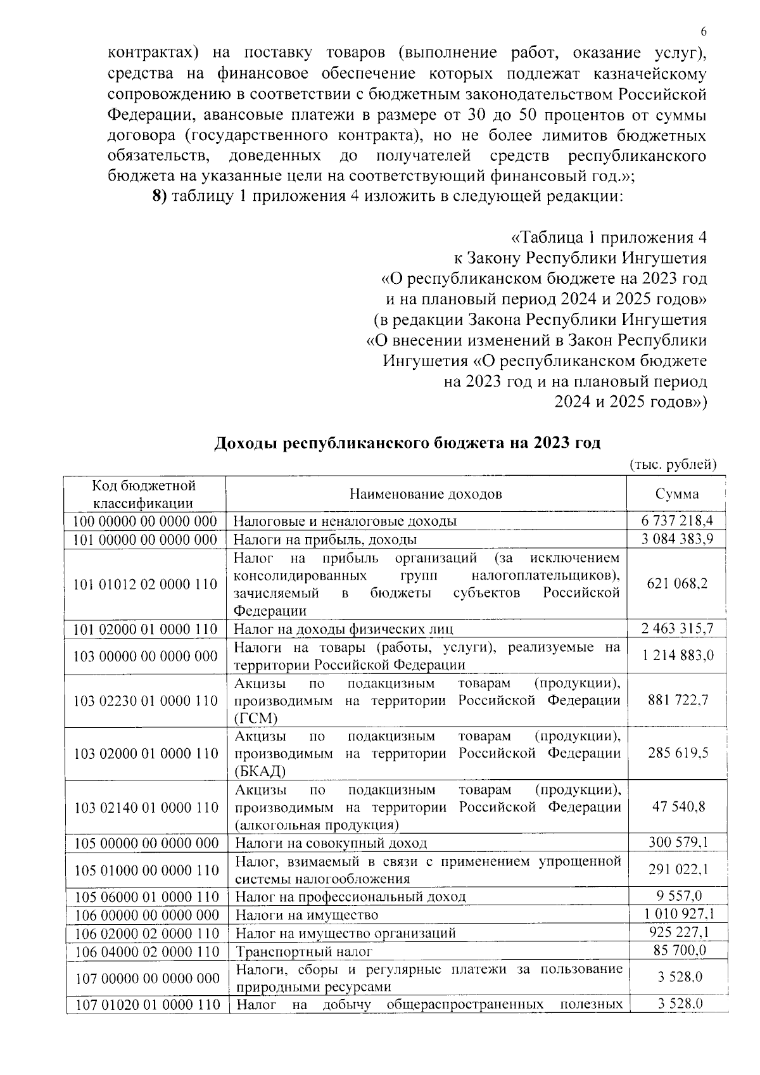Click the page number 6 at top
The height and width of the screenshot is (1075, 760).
coord(704,32)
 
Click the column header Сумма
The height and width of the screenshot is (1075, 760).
coord(677,494)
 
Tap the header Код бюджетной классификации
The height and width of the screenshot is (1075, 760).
coord(144,494)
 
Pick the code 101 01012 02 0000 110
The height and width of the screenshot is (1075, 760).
coord(146,584)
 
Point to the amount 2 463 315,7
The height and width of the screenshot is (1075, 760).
coord(677,628)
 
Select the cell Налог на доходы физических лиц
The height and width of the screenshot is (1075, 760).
coord(343,629)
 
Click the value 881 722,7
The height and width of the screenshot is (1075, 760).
coord(678,700)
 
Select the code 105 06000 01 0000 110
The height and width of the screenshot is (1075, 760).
coord(146,897)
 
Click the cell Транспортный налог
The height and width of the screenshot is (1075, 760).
coord(304,951)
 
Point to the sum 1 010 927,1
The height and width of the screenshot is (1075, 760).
coord(678,914)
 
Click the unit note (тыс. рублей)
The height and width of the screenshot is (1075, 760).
coord(672,464)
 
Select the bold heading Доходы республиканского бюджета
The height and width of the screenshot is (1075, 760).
coord(407,443)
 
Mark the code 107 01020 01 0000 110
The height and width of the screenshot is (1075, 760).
coord(147,1005)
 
